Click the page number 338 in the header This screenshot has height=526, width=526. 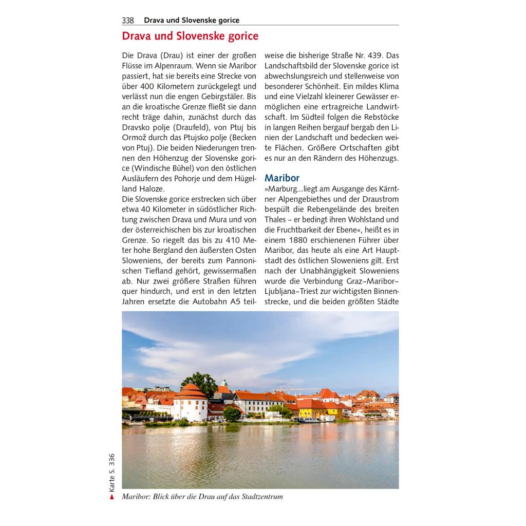click(x=128, y=21)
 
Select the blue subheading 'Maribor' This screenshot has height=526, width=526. click(x=281, y=178)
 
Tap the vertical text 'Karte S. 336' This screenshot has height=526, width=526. click(x=111, y=473)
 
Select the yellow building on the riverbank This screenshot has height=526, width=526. click(x=311, y=409)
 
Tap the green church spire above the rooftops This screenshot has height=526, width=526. click(x=224, y=383)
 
